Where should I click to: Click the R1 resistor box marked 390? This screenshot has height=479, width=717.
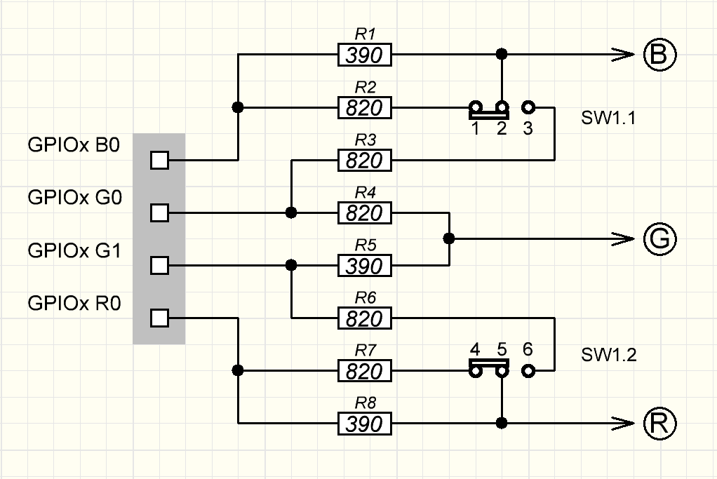365,55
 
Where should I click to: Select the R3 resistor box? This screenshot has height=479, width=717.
365,161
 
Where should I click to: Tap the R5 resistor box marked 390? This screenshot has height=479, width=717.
365,266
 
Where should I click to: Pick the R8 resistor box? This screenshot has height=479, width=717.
365,424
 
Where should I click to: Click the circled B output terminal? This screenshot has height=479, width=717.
659,55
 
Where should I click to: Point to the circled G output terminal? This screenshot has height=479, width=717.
659,239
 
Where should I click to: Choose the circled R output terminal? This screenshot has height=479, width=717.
659,423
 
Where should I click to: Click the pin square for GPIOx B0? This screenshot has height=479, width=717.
160,161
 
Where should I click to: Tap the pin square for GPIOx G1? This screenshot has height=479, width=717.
160,266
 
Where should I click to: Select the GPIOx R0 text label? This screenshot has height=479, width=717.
74,304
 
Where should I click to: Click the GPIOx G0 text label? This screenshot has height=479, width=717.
74,198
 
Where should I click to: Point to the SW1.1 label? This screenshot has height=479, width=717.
608,118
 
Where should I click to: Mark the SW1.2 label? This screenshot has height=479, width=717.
608,355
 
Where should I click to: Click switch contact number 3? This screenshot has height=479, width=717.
528,108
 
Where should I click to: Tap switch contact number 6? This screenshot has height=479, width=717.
528,371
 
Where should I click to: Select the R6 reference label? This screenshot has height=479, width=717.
365,298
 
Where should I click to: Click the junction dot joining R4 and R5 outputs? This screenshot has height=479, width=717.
449,239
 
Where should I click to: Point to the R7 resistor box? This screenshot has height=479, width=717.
365,371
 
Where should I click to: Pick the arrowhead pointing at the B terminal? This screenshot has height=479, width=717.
621,55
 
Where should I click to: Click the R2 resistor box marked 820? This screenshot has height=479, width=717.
365,108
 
